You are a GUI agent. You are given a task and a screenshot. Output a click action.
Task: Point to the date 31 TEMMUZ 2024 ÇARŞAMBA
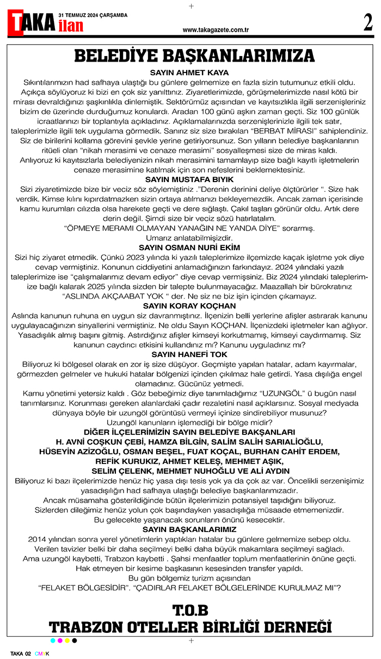[x=93, y=15]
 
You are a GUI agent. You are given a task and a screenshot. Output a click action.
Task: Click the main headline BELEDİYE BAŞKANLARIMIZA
[x=194, y=56]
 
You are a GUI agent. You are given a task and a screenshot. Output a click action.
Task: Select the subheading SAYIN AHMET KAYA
[x=189, y=72]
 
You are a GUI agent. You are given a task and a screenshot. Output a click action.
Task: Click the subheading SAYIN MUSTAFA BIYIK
[x=189, y=179]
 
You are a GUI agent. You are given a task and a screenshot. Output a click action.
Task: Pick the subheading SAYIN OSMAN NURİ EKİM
[x=189, y=247]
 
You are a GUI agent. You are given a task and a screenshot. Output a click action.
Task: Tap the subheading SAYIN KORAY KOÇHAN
[x=189, y=305]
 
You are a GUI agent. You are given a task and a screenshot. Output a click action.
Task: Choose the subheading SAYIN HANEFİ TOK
[x=189, y=354]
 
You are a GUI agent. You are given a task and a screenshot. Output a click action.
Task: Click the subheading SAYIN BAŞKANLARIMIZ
[x=189, y=529]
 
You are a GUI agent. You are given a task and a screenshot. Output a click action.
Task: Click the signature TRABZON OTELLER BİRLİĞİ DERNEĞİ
[x=190, y=626]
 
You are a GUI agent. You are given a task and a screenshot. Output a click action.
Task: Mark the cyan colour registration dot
[x=52, y=640]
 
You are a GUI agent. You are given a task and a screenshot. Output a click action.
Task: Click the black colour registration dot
[x=75, y=640]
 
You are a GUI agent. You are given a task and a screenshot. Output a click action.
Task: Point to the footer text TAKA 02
[x=21, y=653]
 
